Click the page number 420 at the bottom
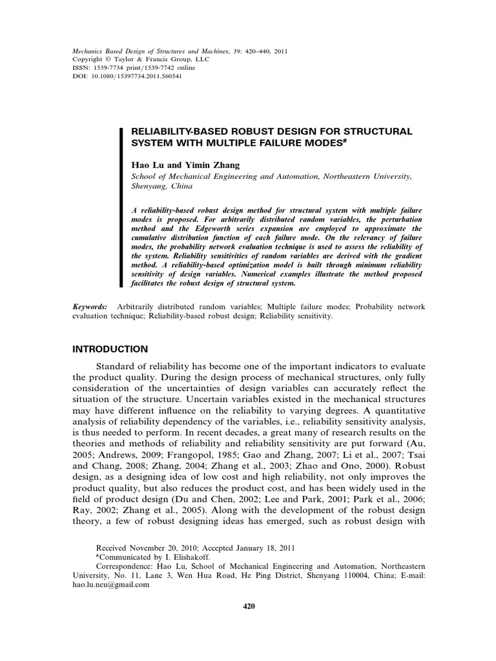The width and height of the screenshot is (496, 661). [248, 606]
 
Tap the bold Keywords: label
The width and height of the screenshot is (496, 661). [90, 307]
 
